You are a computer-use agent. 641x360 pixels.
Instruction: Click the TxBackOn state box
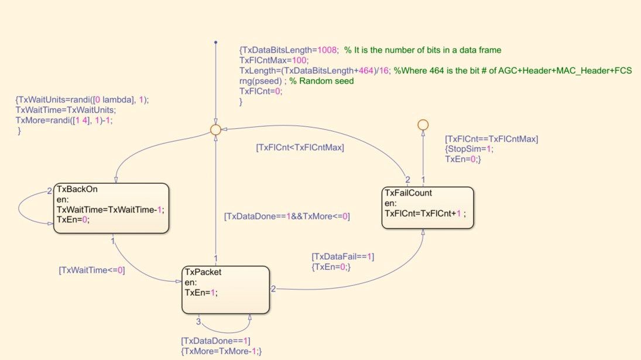tap(111, 208)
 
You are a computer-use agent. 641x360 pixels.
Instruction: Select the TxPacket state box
tap(226, 290)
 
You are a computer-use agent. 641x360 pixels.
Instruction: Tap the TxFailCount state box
tap(427, 208)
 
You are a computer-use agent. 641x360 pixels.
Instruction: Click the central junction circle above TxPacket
tap(215, 129)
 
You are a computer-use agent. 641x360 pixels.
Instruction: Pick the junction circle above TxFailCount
tap(423, 124)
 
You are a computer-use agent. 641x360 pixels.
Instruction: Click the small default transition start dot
tap(215, 42)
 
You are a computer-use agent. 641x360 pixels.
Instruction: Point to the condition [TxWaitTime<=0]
tap(92, 270)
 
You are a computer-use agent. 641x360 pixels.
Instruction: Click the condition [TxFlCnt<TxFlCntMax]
tap(300, 148)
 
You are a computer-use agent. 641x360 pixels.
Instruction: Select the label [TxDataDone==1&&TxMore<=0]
tap(287, 216)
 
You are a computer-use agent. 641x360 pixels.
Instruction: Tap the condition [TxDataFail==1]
tap(343, 256)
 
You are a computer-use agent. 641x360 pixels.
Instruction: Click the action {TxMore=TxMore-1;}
tap(221, 351)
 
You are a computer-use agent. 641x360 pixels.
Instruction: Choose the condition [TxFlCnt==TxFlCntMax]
tap(491, 139)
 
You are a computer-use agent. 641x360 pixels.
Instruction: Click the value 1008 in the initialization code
tap(326, 50)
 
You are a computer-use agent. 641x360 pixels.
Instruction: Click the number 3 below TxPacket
tap(198, 321)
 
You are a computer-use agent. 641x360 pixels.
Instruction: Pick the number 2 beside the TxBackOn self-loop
tap(50, 191)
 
